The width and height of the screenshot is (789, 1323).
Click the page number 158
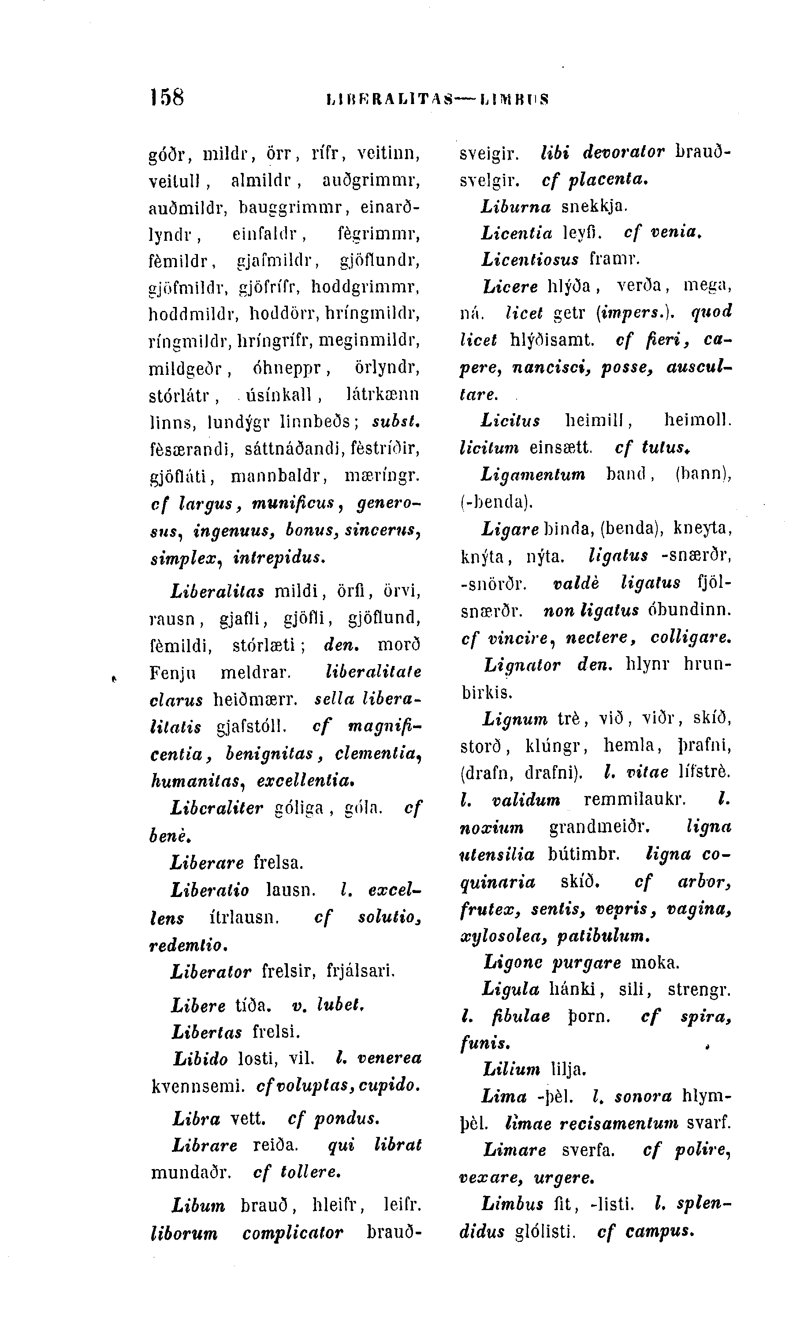point(167,98)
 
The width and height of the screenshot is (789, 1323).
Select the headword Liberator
point(211,972)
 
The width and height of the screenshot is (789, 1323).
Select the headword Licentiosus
point(529,260)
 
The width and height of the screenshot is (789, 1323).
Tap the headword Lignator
point(522,665)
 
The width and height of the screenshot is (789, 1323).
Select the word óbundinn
point(689,609)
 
